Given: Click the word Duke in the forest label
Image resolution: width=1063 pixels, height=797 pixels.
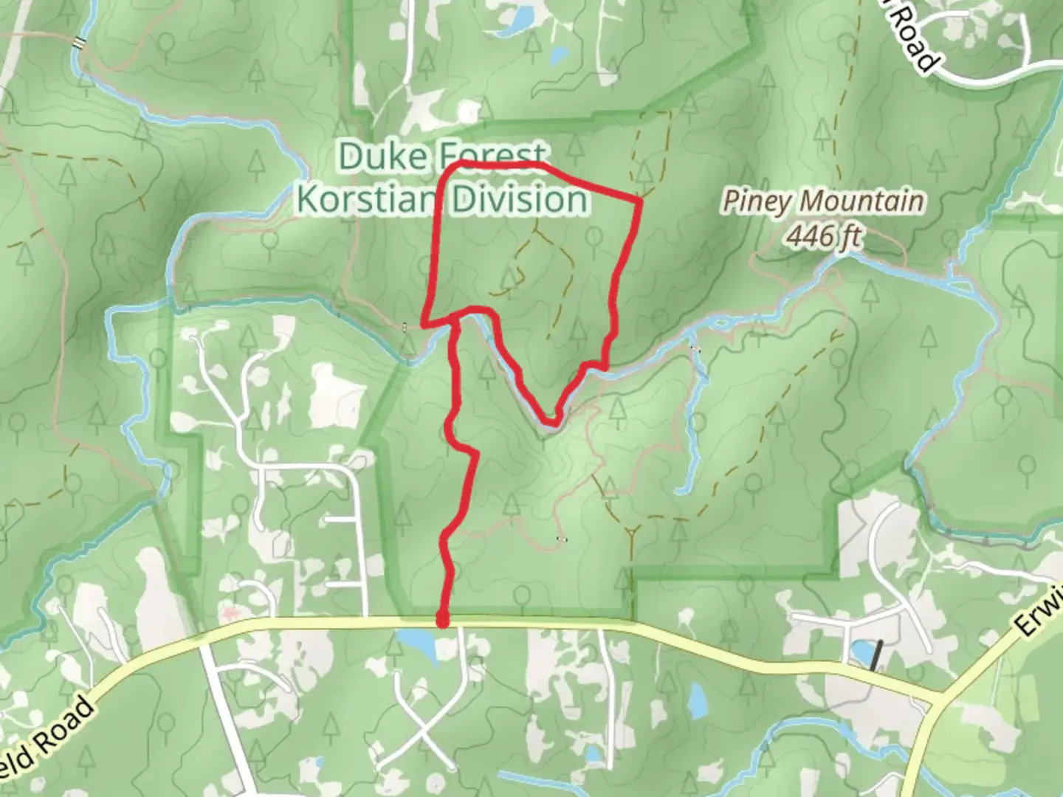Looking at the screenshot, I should point(383,157).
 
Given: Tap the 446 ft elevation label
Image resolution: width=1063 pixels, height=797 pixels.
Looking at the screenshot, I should point(823,236).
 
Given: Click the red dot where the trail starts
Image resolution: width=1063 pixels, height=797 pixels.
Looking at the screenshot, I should point(442,622).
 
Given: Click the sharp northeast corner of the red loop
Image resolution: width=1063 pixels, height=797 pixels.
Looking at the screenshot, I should point(638,199).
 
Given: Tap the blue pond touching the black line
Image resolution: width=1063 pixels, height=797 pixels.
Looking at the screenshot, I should point(860,652).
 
